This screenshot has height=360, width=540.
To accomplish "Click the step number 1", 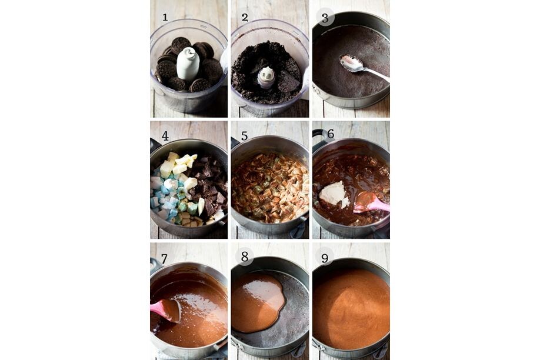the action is tap(165, 17).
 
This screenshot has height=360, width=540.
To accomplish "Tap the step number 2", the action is tap(245, 17).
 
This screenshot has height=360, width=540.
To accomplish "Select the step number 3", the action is tap(325, 18).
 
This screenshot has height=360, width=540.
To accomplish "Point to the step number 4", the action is tap(165, 136).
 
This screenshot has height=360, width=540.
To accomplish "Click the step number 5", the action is tap(245, 136).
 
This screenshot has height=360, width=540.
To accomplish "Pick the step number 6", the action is tap(331, 134).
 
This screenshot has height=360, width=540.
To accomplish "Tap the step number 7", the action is tap(164, 259).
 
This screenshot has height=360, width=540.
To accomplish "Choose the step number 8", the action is tap(245, 256).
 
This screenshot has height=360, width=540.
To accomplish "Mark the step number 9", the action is tap(325, 258).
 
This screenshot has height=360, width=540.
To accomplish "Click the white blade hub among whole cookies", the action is tap(188, 64).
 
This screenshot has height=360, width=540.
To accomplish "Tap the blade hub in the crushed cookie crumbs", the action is tap(266, 77).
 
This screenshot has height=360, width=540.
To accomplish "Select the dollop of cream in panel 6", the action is tap(334, 194).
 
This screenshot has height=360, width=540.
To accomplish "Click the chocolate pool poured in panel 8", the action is tap(258, 302).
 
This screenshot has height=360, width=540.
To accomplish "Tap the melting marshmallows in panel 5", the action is tap(269, 188).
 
